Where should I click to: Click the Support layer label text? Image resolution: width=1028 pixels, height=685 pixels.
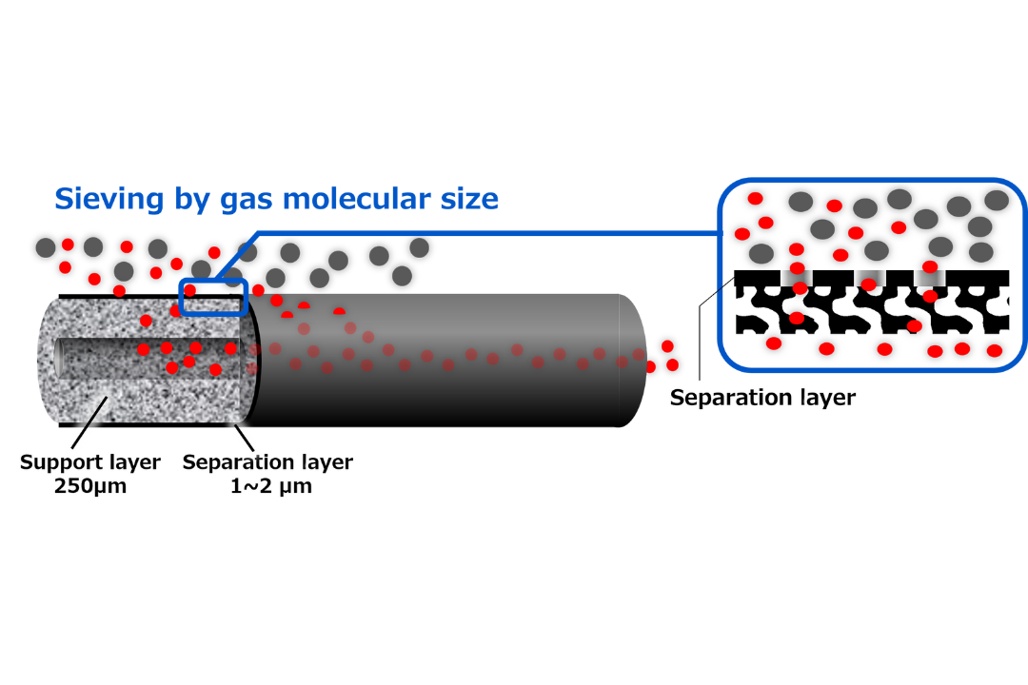tap(90, 462)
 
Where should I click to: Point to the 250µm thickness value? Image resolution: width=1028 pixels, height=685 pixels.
tap(90, 486)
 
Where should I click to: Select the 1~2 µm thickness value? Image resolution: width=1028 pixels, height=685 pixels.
tap(267, 486)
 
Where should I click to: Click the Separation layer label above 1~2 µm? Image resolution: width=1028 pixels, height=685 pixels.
tap(267, 462)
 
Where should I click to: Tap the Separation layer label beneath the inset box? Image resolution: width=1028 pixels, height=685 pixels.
tap(762, 398)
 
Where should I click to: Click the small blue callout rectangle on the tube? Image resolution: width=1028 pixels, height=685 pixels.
tap(213, 297)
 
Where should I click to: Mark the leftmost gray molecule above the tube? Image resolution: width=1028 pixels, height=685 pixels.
tap(46, 247)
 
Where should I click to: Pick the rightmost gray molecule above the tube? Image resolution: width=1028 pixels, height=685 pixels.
tap(419, 247)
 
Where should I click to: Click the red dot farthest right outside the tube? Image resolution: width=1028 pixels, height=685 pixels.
tap(672, 364)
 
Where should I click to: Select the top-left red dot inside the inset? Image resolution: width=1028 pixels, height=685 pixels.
tap(755, 199)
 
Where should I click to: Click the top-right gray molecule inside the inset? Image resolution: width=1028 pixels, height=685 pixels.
tap(996, 200)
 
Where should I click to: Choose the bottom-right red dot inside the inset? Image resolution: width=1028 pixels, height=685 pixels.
tap(995, 350)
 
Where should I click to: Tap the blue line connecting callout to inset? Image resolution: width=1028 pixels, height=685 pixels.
tap(476, 232)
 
